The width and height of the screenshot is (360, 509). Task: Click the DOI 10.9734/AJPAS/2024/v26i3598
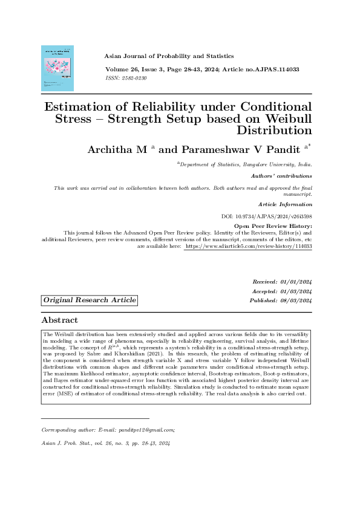coord(267,216)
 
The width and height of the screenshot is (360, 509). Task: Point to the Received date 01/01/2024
coord(296,282)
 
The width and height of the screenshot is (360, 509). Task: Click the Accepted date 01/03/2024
coord(296,291)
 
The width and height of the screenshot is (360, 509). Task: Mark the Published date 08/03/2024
coord(296,300)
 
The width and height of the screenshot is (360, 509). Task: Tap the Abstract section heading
coord(59,320)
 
